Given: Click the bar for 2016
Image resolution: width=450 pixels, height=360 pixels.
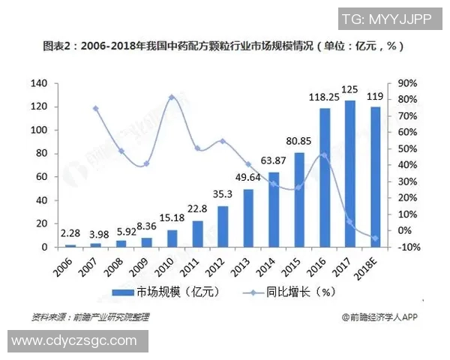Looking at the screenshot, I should point(325,178).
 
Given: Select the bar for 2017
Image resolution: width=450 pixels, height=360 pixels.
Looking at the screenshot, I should point(349,173).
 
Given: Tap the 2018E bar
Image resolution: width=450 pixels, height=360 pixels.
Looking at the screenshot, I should point(375,177).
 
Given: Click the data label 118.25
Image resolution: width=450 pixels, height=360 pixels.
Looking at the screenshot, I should point(324,96).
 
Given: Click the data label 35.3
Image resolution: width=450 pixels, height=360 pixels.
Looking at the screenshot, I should point(223,194).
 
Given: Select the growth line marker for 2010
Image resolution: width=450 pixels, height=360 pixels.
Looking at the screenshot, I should point(172,97).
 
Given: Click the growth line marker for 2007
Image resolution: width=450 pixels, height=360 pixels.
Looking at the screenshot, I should point(96,109).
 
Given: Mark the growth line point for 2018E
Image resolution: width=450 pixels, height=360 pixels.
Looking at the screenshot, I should point(375,238).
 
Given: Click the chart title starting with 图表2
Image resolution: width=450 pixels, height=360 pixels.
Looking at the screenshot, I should point(225,46).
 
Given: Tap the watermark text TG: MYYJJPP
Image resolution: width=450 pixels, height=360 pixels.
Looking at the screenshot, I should point(386,19).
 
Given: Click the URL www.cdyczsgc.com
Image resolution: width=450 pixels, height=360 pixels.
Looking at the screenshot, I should point(74,340).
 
